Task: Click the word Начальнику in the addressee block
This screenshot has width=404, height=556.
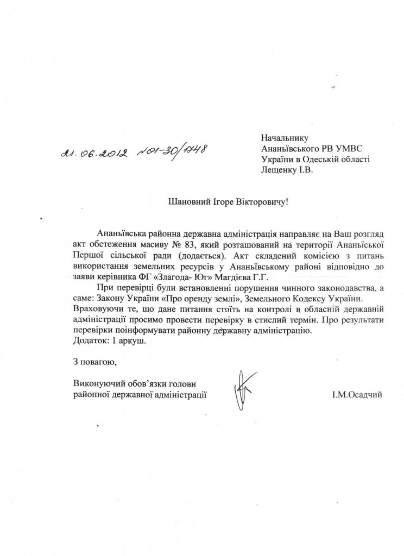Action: pyautogui.click(x=283, y=138)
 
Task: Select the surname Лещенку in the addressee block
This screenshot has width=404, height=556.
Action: pyautogui.click(x=279, y=169)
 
